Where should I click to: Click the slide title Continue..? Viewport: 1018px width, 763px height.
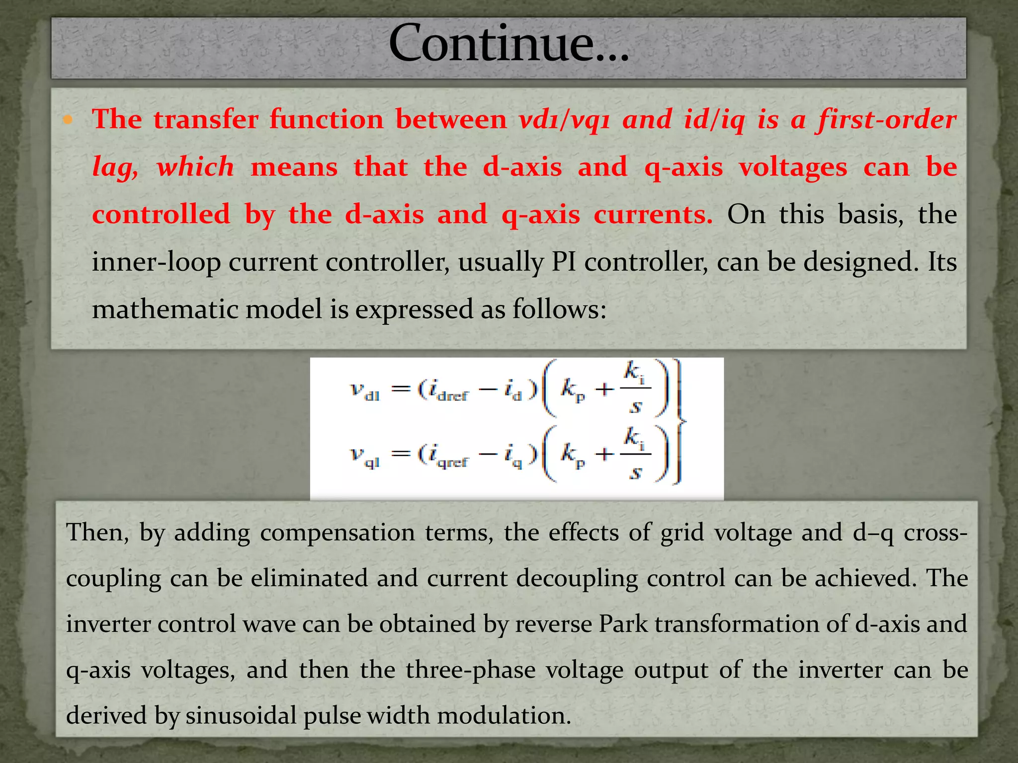(x=509, y=45)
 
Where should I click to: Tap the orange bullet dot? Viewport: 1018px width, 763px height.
(x=68, y=120)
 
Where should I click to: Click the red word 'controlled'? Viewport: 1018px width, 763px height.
(x=161, y=215)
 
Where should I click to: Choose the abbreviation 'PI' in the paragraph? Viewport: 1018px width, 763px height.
(x=564, y=262)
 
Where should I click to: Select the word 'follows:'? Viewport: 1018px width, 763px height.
(x=559, y=309)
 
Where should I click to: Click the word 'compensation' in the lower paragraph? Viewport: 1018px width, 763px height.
(x=337, y=533)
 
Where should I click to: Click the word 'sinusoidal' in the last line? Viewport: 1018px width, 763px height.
(x=242, y=716)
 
